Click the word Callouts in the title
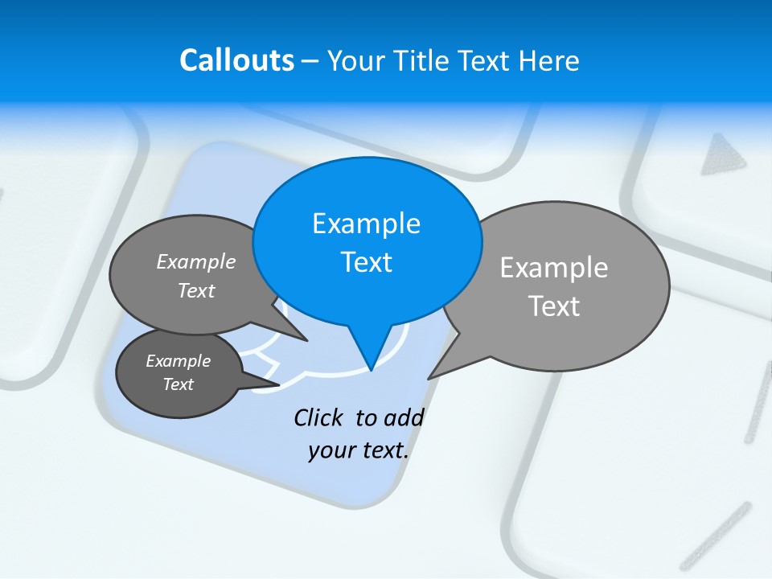[236, 61]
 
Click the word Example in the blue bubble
[366, 224]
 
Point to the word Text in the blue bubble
[366, 262]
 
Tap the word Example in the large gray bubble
[553, 268]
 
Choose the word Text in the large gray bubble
[553, 306]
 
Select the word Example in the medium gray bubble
[196, 262]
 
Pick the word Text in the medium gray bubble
[196, 291]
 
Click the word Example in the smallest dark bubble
[178, 361]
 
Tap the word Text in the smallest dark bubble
[178, 384]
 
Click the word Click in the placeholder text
[318, 418]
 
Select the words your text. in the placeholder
[359, 450]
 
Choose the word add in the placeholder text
[404, 418]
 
